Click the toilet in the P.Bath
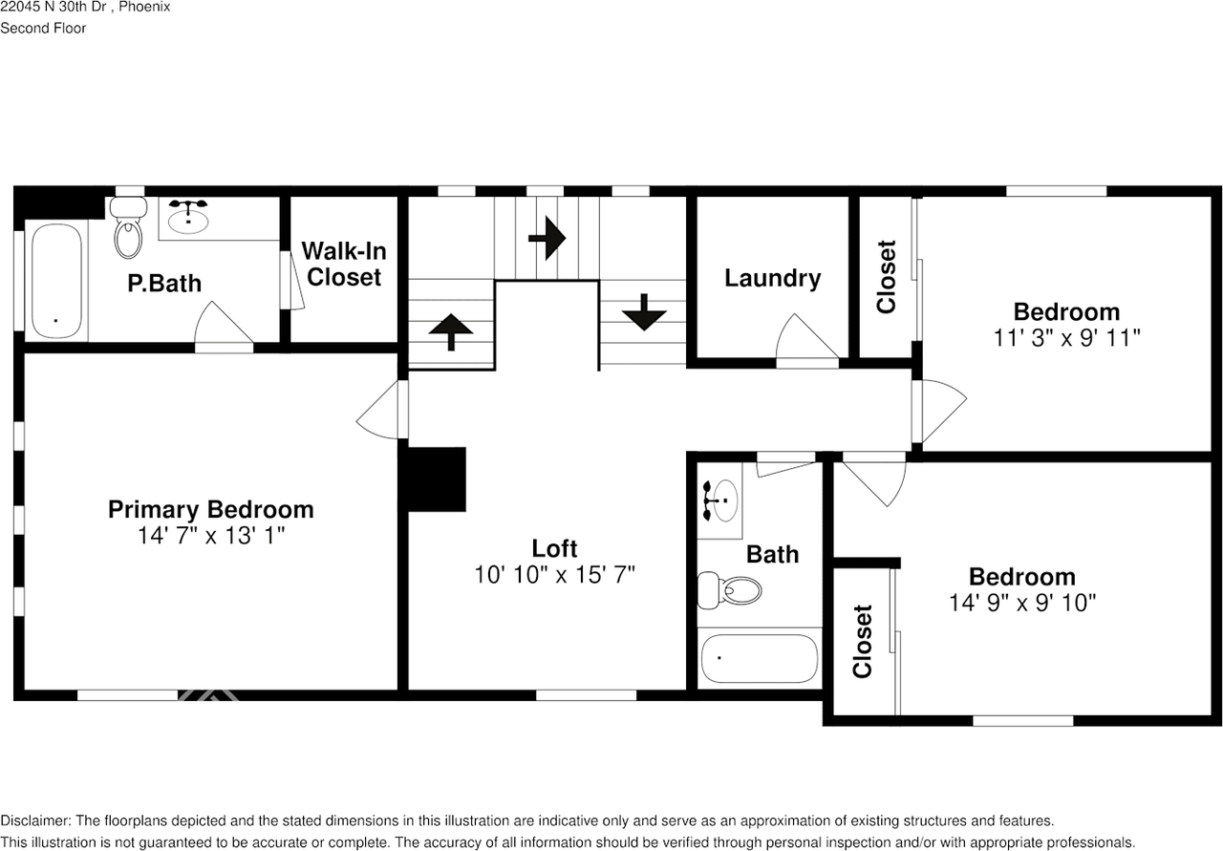[127, 229]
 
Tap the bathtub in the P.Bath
[56, 280]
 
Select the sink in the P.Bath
[190, 218]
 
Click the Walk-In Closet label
[344, 265]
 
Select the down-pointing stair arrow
[643, 311]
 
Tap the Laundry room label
[772, 278]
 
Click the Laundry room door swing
[805, 339]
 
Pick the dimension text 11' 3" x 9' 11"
[1066, 337]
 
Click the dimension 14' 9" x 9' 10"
[1021, 603]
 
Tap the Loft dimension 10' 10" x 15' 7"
[554, 574]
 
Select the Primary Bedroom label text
[210, 509]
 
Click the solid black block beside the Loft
[437, 479]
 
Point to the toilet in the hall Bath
[730, 589]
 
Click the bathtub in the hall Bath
[759, 659]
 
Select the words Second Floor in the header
[43, 28]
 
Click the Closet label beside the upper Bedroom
[887, 277]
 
